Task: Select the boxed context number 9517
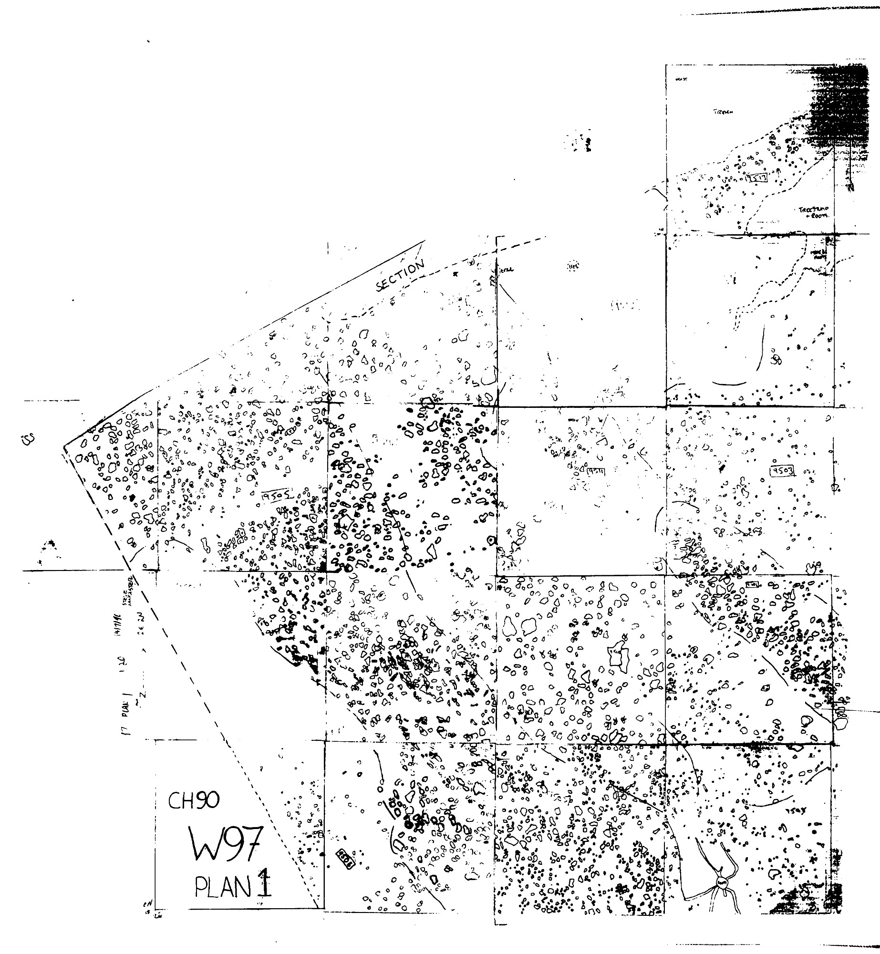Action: point(757,178)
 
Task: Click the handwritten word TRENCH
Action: point(722,113)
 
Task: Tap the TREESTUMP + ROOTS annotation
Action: point(814,212)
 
